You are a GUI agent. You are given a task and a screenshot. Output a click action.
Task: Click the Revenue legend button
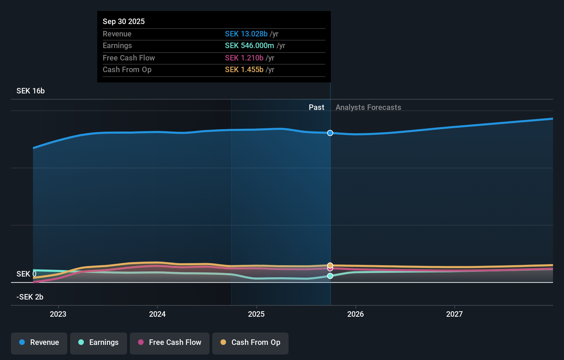(x=39, y=343)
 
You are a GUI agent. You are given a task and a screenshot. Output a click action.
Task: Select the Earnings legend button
(x=99, y=343)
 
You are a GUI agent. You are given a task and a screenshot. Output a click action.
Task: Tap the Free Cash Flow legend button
(x=170, y=343)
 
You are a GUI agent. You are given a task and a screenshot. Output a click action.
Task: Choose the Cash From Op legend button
(x=250, y=343)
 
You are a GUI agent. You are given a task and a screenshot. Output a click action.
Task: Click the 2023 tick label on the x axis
(x=58, y=314)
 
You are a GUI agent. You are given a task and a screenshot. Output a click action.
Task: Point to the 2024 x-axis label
(x=157, y=314)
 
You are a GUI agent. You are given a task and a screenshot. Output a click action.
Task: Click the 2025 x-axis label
(x=256, y=314)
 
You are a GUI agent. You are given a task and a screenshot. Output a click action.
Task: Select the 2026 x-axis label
(x=356, y=314)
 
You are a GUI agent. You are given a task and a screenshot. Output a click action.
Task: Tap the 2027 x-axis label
(x=454, y=314)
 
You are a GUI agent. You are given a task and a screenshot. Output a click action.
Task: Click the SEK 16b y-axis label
(x=31, y=91)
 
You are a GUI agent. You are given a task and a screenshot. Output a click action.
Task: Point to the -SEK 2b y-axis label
(x=30, y=297)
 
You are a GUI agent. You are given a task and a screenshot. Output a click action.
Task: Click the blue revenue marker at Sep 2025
(x=330, y=133)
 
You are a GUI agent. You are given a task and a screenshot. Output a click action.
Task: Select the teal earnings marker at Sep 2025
(x=330, y=276)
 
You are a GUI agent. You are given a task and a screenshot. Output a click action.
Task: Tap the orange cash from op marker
(x=330, y=265)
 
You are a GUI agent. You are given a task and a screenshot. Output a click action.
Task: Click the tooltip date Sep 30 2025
(x=124, y=21)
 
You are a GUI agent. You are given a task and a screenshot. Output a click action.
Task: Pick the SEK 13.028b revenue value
(x=246, y=34)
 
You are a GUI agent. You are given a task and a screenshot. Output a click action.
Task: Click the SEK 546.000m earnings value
(x=249, y=45)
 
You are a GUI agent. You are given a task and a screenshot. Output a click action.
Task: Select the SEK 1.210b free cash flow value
(x=244, y=58)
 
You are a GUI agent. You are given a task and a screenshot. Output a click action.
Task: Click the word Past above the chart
(x=316, y=107)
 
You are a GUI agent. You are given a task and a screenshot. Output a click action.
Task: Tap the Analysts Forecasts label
(x=368, y=107)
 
